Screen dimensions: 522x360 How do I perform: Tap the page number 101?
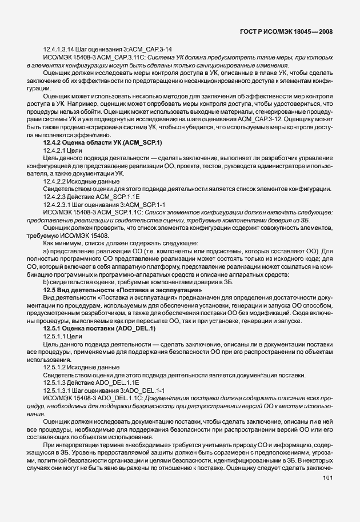pyautogui.click(x=327, y=493)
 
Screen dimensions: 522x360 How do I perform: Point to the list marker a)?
pyautogui.click(x=46, y=250)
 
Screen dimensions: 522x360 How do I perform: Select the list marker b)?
pyautogui.click(x=46, y=281)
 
